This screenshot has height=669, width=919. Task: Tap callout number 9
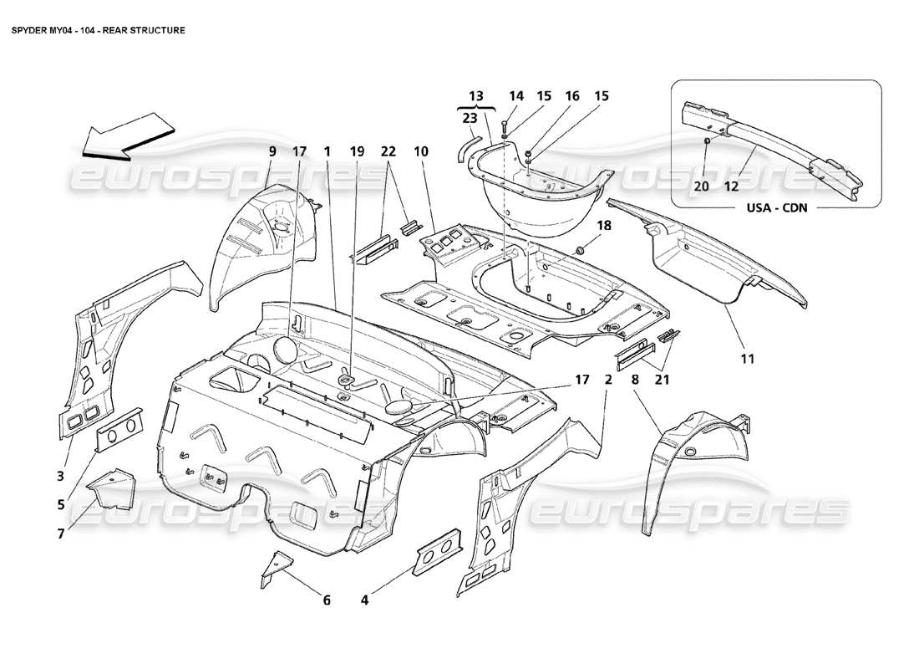(272, 152)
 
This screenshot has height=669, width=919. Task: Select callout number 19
(357, 152)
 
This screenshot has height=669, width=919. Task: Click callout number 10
(420, 152)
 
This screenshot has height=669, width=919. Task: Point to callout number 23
(470, 118)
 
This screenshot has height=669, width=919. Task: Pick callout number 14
(516, 96)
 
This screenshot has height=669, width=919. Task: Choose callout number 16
(571, 96)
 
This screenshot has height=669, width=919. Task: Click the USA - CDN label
(776, 208)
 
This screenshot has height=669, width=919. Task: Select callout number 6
(327, 599)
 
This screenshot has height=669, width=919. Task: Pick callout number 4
(365, 599)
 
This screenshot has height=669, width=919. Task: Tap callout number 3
(59, 477)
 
